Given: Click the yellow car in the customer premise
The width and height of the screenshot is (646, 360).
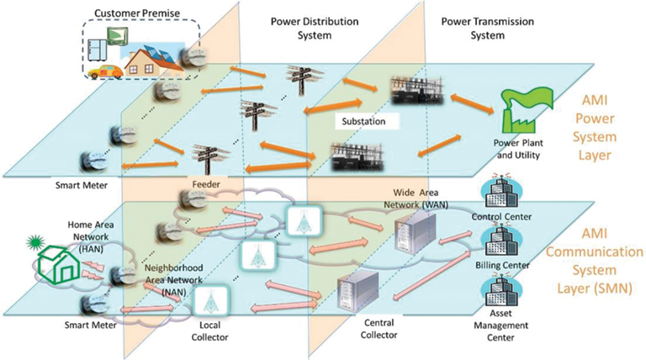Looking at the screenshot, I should click(x=106, y=72).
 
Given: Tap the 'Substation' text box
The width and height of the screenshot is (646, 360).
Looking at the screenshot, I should click(x=365, y=121).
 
